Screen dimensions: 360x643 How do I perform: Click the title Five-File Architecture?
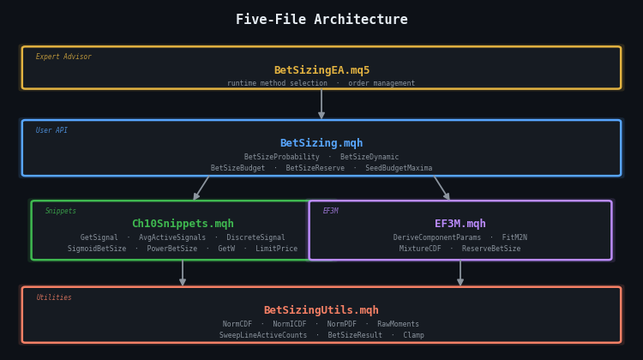[321, 20]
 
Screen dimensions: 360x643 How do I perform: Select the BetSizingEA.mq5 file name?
[321, 70]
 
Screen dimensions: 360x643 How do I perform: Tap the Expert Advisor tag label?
[63, 57]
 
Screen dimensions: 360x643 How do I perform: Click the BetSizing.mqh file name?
[321, 143]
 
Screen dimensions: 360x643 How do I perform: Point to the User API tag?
[51, 130]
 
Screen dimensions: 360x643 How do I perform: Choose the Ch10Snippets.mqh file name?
[183, 224]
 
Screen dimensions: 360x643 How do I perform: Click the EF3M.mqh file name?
[460, 224]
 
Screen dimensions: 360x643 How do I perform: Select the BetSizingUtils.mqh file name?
[321, 310]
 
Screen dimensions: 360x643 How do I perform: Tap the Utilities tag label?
[54, 297]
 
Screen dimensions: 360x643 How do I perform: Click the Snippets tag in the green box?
[61, 211]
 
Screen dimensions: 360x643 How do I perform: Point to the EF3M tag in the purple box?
[330, 211]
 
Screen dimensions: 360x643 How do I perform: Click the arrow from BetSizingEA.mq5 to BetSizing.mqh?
[321, 104]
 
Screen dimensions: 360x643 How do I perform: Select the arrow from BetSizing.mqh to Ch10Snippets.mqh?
[201, 188]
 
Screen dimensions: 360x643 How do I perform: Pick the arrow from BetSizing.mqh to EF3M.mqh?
[442, 188]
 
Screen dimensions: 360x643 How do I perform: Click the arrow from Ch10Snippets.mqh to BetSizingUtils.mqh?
[183, 273]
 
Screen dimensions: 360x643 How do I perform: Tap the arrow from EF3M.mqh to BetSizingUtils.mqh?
[460, 273]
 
